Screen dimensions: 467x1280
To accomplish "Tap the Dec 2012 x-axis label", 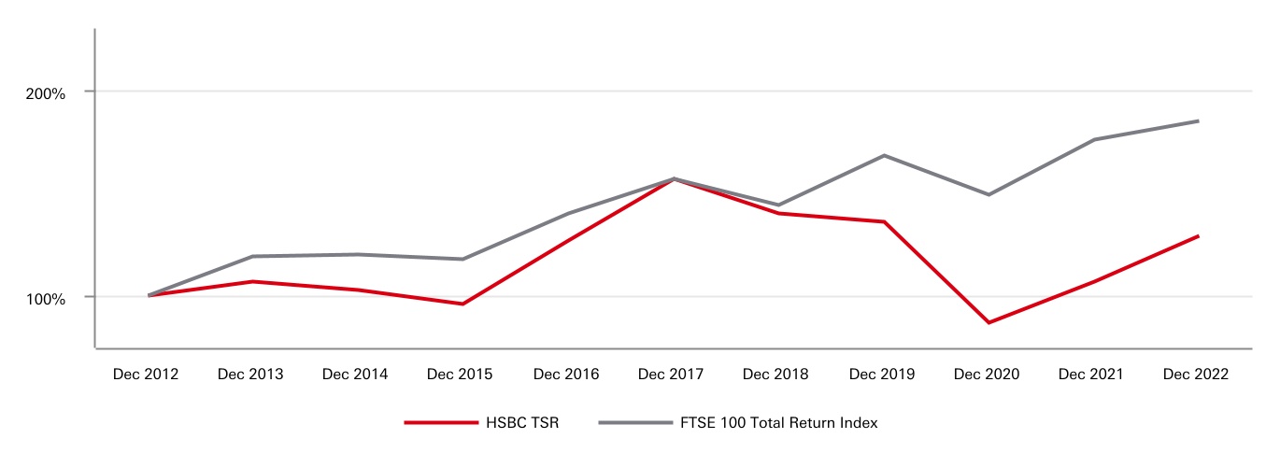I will (x=145, y=374).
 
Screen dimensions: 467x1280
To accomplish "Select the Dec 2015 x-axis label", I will (x=460, y=374).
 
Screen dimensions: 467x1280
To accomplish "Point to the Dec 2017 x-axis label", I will (x=671, y=374).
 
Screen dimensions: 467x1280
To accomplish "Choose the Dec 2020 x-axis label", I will (x=987, y=374).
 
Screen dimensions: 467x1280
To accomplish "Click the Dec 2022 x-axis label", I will (x=1196, y=374).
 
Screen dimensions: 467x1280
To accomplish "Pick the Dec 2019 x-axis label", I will (x=882, y=374).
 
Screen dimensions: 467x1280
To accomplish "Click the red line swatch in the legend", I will (x=441, y=423).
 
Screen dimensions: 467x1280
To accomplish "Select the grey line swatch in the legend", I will (x=635, y=423).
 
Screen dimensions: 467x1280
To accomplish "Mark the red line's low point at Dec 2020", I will (x=988, y=322).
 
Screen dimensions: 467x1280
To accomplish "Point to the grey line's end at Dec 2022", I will (x=1198, y=120).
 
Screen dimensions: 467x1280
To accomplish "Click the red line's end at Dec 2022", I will (x=1198, y=235).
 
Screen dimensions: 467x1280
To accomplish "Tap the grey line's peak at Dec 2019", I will (x=884, y=155).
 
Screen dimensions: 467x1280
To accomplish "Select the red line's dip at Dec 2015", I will (x=462, y=304).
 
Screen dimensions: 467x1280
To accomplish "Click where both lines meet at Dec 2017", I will (x=673, y=178).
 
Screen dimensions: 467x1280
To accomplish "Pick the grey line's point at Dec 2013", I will (x=252, y=256).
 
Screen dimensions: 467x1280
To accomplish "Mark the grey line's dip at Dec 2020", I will (x=988, y=194).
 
